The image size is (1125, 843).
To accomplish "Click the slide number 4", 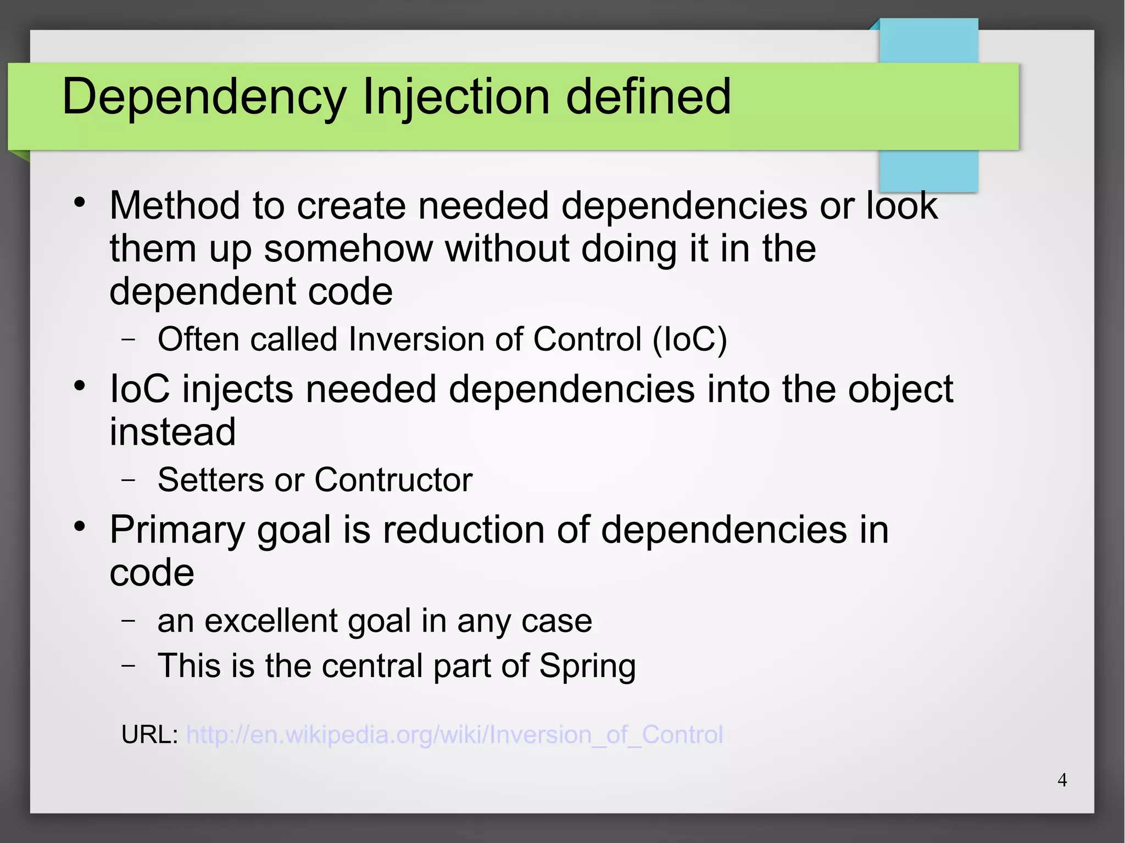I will pos(1062,780).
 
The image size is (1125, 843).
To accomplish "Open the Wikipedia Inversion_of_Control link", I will pos(454,735).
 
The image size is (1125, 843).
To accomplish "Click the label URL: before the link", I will pos(149,735).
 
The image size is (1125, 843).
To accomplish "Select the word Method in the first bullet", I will pos(175,206).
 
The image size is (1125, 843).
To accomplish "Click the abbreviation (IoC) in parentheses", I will pos(689,339).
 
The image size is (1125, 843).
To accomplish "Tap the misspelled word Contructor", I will pos(393,480).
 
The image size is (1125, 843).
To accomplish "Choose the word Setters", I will pos(211,480).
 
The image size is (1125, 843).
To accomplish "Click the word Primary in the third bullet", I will pos(177,531).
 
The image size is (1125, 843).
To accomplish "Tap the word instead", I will pos(172,432).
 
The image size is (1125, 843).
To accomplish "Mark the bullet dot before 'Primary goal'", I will pos(80,526).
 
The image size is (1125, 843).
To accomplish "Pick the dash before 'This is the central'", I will pos(129,666).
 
